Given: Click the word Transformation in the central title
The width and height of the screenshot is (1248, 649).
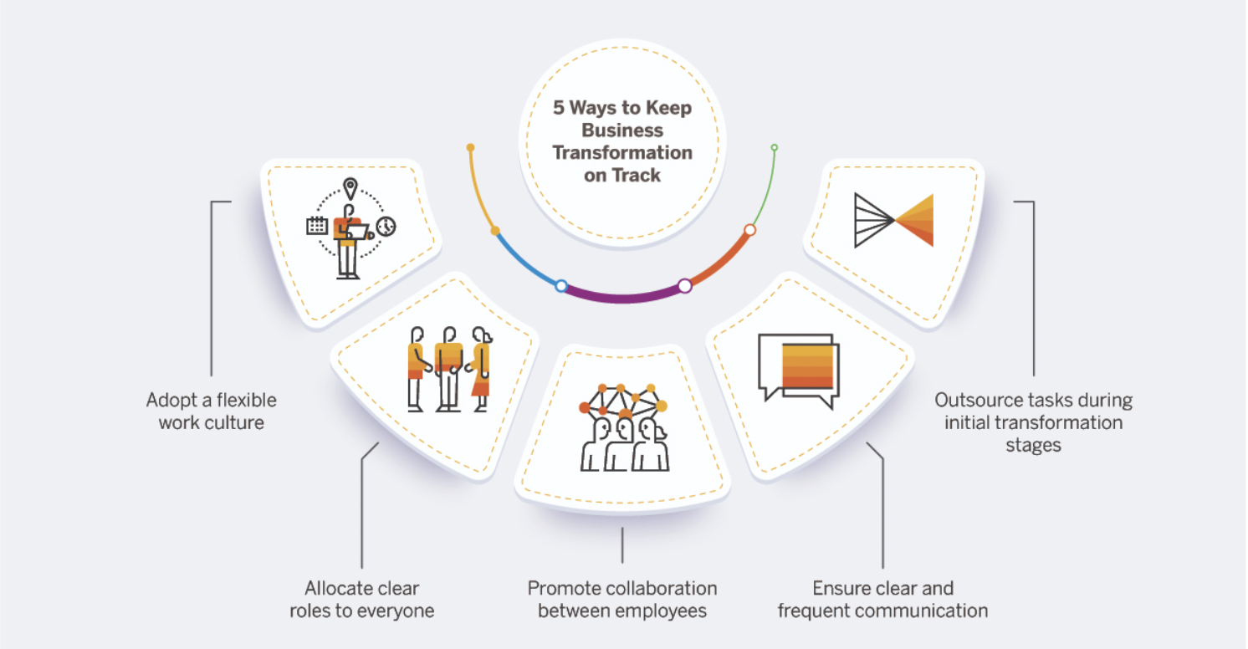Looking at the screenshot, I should coord(622,153).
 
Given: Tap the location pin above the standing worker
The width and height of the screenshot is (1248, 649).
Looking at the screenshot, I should coord(350,188).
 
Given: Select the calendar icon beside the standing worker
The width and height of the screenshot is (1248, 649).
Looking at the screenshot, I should coord(317,224).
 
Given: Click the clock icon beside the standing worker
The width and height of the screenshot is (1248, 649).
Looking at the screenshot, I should coord(386,226).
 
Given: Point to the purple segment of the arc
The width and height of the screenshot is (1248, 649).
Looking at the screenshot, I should coord(622,295).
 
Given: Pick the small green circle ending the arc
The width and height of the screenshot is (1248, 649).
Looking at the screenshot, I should coord(775,147).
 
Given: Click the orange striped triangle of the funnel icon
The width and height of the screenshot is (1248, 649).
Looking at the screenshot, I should coord(917,220).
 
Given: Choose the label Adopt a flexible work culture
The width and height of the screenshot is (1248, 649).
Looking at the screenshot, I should coord(211,411).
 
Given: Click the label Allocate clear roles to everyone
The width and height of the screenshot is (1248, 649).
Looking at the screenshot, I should coord(361,599).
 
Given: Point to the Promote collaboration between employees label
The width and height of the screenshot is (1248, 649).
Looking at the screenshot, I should coord(622,599).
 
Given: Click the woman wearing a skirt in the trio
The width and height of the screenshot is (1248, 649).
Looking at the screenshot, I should coord(480,368).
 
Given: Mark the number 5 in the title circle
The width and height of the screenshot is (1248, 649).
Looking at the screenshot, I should coord(559,108).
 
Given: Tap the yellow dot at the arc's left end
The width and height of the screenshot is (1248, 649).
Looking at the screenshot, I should coord(470,147).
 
